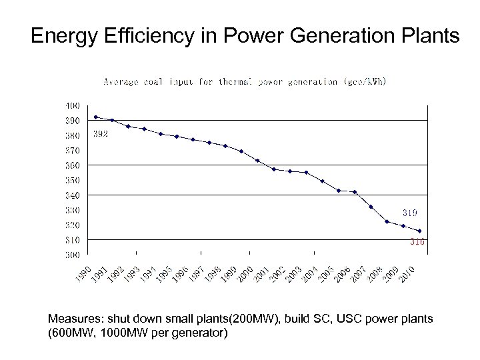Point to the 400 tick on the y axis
(73, 105)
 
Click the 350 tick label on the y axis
(73, 180)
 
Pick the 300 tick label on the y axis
(73, 255)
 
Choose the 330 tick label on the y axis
(73, 210)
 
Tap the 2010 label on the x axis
(408, 273)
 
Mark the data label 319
(410, 213)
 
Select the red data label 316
(417, 242)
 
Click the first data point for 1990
(96, 117)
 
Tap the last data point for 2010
(419, 231)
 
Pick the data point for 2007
(371, 207)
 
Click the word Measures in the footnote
(72, 319)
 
